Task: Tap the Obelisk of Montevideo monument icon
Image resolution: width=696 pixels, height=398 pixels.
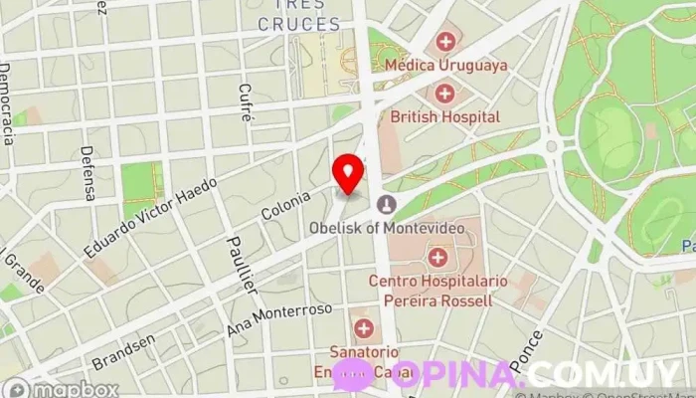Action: click(385, 206)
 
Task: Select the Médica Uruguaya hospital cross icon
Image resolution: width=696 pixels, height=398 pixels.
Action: click(445, 42)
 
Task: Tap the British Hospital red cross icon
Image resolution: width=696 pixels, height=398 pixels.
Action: click(444, 95)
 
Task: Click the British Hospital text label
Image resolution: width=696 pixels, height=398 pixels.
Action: click(444, 116)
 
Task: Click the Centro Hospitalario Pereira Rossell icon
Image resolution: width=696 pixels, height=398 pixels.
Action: click(436, 259)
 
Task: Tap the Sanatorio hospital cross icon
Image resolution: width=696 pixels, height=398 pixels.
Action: click(363, 328)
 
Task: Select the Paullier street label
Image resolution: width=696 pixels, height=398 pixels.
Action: click(242, 265)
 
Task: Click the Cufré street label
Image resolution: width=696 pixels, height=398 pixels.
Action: click(246, 101)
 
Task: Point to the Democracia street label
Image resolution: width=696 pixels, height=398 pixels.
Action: click(7, 103)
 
